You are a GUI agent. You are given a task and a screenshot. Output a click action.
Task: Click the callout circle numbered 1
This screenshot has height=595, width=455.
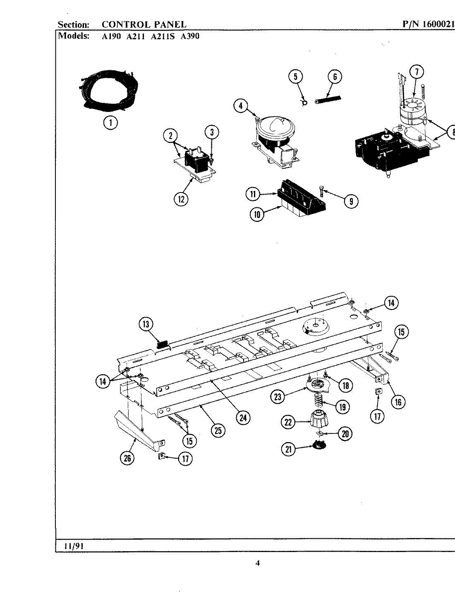[110, 122]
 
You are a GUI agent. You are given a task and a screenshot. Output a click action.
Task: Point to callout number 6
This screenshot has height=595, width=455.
[335, 76]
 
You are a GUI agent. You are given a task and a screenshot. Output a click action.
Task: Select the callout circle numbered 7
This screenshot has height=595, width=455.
[417, 72]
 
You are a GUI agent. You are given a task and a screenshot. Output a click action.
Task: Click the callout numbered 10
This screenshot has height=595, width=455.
[257, 214]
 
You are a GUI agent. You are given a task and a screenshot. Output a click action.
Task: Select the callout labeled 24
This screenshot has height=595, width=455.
[243, 418]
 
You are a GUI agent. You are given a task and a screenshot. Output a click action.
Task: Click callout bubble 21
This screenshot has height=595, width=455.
[289, 449]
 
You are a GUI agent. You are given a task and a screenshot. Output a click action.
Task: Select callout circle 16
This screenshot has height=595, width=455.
[398, 401]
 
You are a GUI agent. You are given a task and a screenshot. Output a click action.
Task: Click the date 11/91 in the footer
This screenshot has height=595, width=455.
[74, 545]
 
